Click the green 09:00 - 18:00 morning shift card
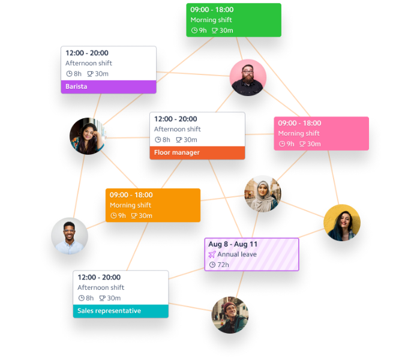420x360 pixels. (233, 20)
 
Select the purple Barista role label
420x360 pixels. (108, 86)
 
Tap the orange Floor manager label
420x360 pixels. (197, 152)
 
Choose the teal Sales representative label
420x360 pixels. (121, 311)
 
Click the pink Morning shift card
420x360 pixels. (321, 133)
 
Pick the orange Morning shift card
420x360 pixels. (153, 205)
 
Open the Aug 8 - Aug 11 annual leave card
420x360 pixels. (251, 254)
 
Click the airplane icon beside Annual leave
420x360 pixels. (212, 254)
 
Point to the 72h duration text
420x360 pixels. (223, 265)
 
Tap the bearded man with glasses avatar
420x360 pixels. (247, 77)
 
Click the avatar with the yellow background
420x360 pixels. (342, 223)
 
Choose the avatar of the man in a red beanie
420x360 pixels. (230, 315)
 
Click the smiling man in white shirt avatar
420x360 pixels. (70, 235)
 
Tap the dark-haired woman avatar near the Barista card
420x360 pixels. (88, 136)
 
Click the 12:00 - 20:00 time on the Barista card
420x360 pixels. (87, 53)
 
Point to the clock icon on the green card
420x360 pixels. (194, 31)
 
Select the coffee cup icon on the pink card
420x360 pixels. (302, 144)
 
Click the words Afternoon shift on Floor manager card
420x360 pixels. (177, 129)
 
